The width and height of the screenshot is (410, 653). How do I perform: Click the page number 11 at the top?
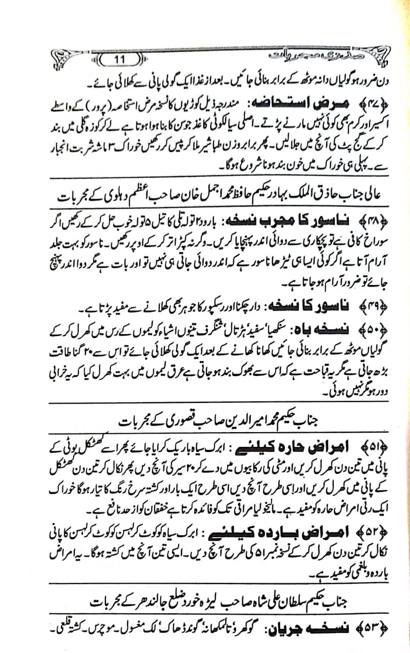[x=120, y=61]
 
